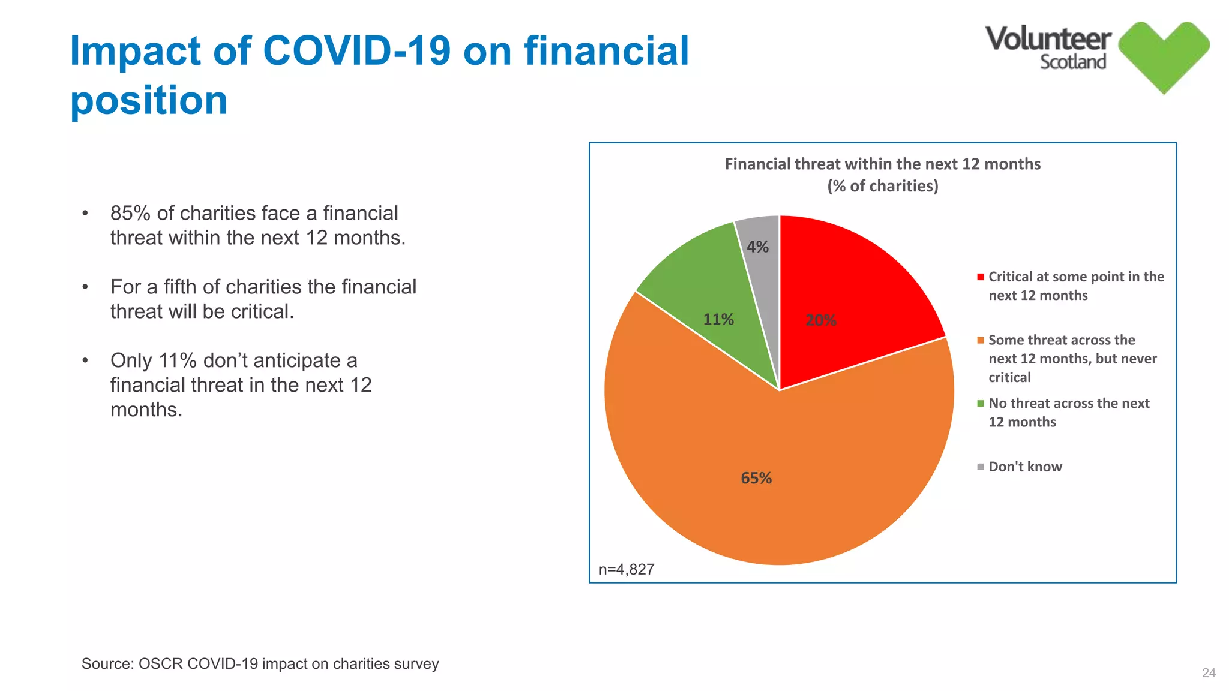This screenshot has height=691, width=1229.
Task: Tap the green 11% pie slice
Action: tap(702, 288)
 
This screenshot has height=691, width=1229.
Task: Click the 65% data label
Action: tap(756, 478)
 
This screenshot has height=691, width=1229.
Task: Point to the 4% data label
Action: tap(757, 247)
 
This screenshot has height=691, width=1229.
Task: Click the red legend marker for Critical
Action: tap(981, 277)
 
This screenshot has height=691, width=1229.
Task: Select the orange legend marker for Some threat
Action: tap(981, 341)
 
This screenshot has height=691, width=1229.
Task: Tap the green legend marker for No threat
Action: tap(981, 404)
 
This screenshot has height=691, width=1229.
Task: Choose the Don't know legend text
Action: tap(1025, 467)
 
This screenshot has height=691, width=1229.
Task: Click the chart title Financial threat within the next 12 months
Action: tap(882, 164)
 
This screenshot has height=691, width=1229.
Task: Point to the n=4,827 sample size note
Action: tap(627, 569)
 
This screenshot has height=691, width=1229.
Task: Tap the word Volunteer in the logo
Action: tap(1048, 39)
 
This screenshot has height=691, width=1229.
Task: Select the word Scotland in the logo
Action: tap(1073, 62)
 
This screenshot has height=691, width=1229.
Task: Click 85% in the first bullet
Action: tap(130, 213)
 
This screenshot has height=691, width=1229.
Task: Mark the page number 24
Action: tap(1209, 673)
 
